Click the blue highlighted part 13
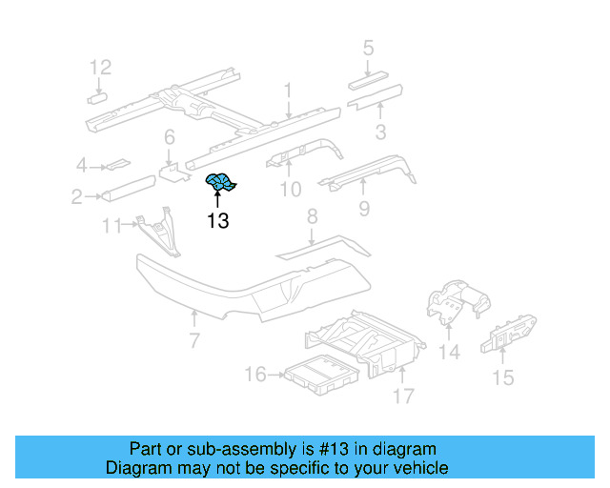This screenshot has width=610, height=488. click(x=221, y=181)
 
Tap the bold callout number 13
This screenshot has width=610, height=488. click(x=217, y=221)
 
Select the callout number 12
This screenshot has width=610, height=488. click(x=100, y=67)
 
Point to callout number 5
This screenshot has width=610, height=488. click(x=368, y=48)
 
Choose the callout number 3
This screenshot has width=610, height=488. click(x=380, y=132)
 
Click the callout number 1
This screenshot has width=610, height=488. click(x=287, y=91)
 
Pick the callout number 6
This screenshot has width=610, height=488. click(x=169, y=137)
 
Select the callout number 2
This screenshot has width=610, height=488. click(x=75, y=197)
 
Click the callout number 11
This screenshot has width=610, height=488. click(x=112, y=226)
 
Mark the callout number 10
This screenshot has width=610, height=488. click(x=290, y=191)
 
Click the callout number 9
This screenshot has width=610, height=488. click(x=363, y=208)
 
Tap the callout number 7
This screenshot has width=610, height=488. click(x=193, y=340)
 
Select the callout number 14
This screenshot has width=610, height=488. click(x=448, y=353)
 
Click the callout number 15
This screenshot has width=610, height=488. click(x=502, y=378)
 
